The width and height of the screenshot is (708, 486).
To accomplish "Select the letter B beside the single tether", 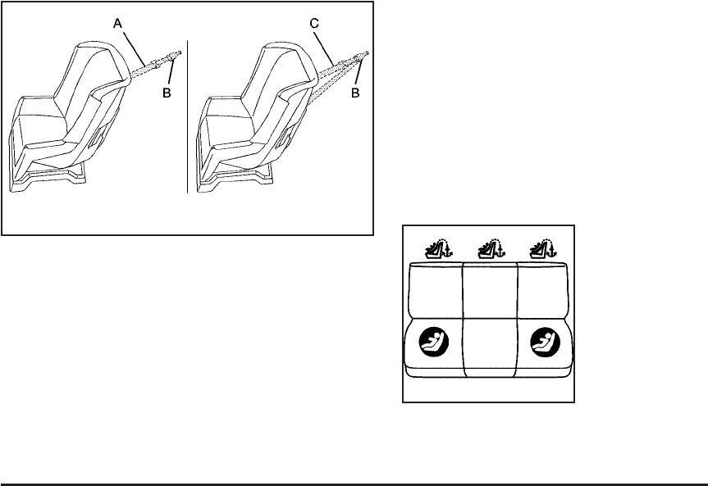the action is tap(166, 93).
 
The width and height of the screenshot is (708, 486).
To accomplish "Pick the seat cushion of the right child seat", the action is tap(239, 136).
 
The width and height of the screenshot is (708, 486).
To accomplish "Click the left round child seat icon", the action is tap(434, 343).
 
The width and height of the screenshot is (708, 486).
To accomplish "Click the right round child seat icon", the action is tap(545, 343).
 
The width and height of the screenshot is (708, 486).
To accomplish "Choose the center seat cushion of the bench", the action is tap(491, 348).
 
